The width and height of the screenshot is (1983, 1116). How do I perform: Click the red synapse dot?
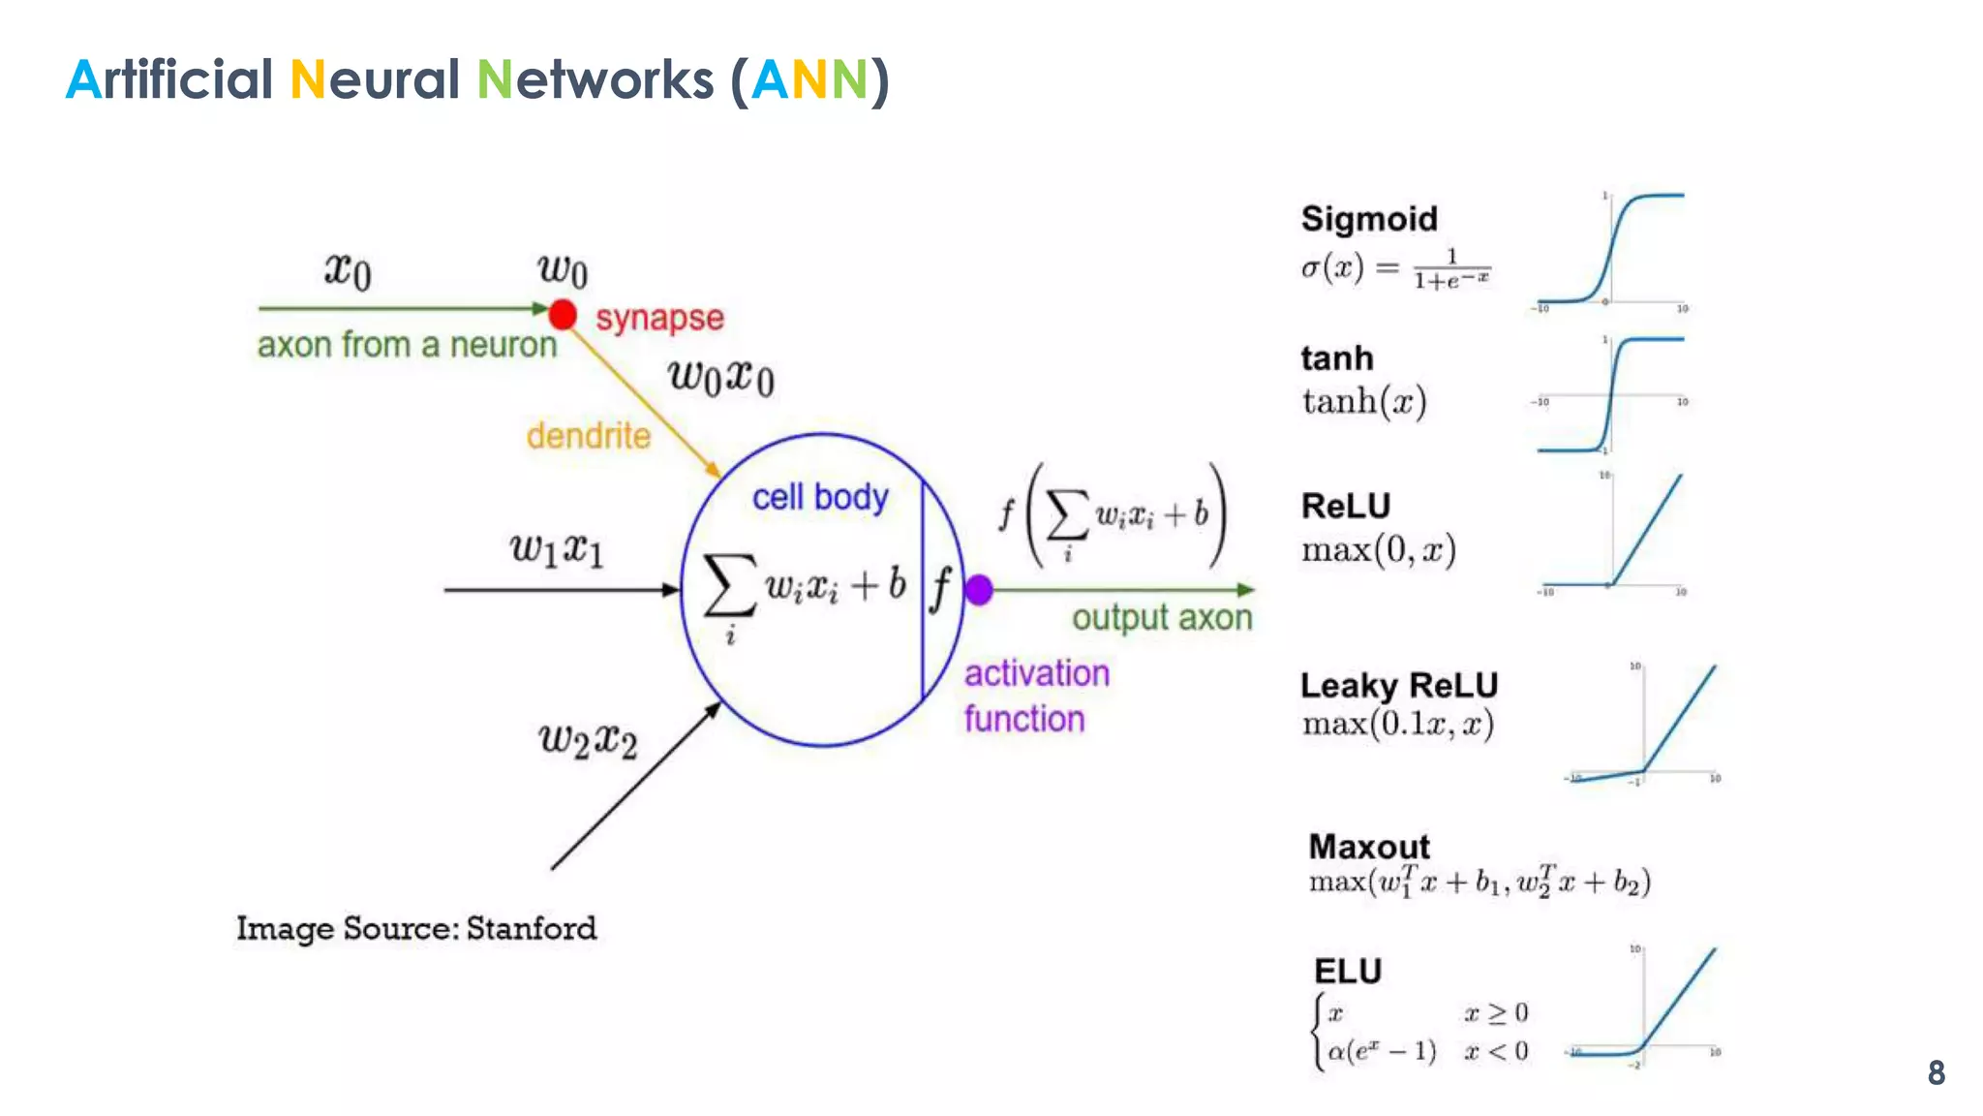click(563, 315)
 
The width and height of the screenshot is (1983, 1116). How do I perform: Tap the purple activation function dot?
click(979, 589)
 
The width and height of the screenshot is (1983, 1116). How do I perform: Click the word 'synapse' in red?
click(659, 318)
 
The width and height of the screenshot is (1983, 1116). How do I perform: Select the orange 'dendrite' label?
click(588, 436)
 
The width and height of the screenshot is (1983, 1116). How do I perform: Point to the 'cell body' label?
click(819, 497)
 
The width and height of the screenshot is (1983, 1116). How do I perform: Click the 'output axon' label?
click(1161, 618)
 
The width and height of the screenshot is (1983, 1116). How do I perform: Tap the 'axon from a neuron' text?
click(407, 345)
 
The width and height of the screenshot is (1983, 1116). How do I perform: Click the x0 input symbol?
click(347, 270)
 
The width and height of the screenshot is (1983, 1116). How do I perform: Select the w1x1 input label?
click(557, 550)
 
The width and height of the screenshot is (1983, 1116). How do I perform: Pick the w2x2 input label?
click(588, 741)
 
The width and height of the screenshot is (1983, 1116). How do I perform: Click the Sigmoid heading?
click(1368, 219)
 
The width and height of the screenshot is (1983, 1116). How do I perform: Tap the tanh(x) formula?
click(1363, 401)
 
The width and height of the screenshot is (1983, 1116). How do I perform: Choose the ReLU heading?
click(1345, 506)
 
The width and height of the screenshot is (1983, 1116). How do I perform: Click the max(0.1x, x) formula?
click(1397, 725)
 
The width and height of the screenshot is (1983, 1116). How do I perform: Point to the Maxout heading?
click(1368, 847)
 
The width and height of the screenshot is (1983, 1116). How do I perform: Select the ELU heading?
click(1347, 971)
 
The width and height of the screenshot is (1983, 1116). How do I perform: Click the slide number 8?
click(1936, 1072)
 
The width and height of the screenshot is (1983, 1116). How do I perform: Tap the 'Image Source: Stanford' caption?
click(416, 928)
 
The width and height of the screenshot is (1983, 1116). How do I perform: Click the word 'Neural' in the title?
click(374, 79)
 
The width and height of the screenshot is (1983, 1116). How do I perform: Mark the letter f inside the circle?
click(940, 588)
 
